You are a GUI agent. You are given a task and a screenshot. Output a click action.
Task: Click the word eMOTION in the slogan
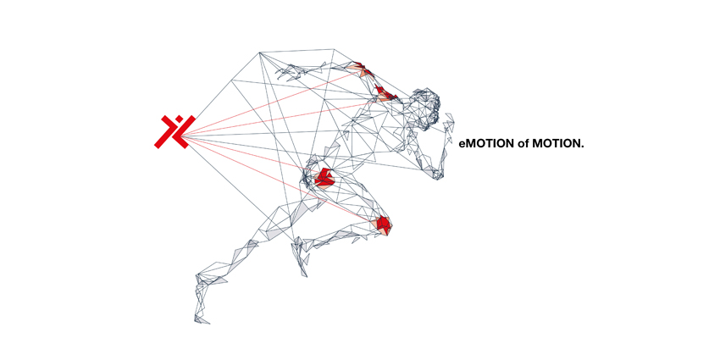pyautogui.click(x=486, y=144)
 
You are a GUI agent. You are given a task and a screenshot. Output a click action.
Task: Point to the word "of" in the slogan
pyautogui.click(x=522, y=144)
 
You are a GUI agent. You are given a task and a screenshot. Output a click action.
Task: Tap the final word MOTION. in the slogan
pyautogui.click(x=557, y=144)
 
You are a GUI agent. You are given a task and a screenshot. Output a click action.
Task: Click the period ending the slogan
pyautogui.click(x=582, y=147)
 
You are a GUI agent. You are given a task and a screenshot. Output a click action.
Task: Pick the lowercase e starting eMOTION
pyautogui.click(x=462, y=145)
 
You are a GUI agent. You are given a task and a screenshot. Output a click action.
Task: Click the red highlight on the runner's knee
pyautogui.click(x=384, y=224)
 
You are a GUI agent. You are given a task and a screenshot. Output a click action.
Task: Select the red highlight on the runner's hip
pyautogui.click(x=324, y=178)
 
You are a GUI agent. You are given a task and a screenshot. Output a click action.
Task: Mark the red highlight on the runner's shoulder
pyautogui.click(x=384, y=93)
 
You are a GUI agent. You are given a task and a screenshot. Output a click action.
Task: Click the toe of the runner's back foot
pyautogui.click(x=202, y=320)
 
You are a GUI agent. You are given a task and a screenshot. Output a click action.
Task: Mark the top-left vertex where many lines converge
pyautogui.click(x=260, y=53)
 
